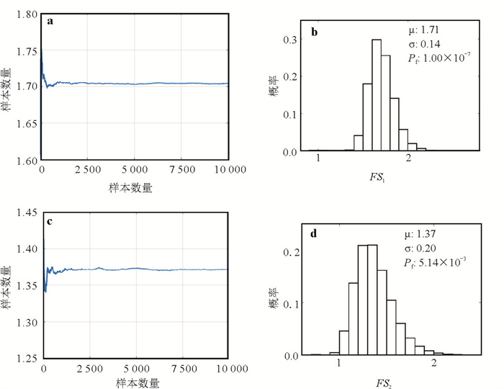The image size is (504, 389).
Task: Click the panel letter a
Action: point(50,21)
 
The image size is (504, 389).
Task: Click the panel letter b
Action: point(314,32)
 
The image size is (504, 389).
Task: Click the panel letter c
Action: point(50,221)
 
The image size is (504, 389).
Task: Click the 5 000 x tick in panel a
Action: point(134,171)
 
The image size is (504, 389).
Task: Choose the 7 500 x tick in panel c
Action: point(182,369)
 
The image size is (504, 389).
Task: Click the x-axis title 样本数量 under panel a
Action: point(135,187)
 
